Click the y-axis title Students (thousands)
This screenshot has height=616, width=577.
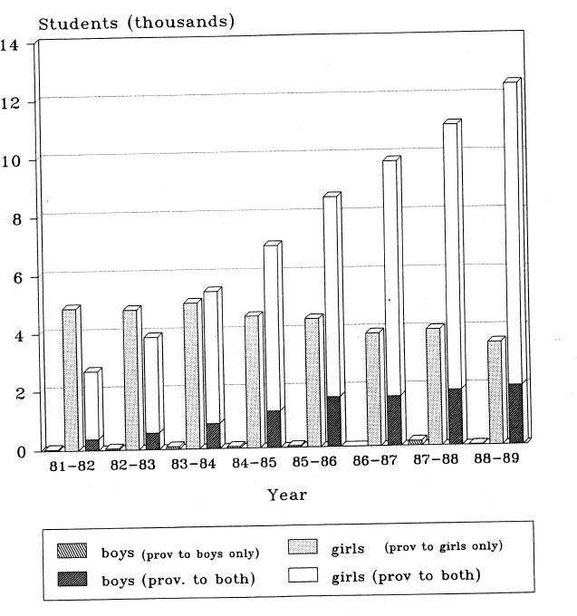tap(136, 23)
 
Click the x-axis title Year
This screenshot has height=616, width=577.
tap(286, 495)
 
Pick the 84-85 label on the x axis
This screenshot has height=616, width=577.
tap(254, 465)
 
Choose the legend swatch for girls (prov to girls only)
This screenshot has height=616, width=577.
tap(303, 547)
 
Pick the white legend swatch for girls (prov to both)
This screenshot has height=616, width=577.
tap(303, 574)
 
